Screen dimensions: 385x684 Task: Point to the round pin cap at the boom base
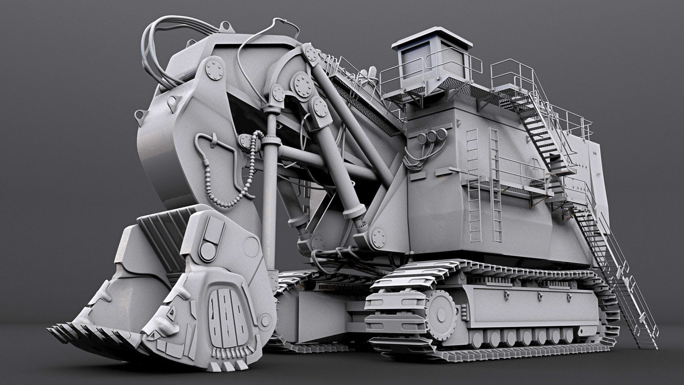(x=378, y=236)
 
